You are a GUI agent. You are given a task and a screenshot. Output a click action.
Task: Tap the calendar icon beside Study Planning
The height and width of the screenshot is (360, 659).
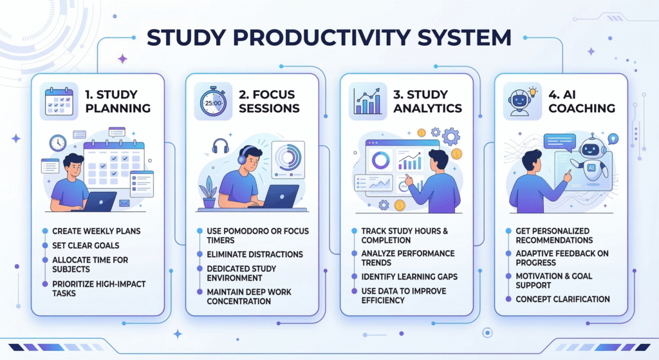coord(59,101)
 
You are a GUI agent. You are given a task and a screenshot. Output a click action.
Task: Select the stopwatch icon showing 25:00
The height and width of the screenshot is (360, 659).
coord(213,101)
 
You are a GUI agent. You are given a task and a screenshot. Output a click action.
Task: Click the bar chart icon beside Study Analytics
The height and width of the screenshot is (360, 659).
coord(367,101)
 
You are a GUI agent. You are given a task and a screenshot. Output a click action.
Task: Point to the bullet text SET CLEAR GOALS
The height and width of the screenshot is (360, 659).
coord(86,245)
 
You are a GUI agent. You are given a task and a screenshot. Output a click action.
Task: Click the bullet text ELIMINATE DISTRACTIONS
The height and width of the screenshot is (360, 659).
coord(255,254)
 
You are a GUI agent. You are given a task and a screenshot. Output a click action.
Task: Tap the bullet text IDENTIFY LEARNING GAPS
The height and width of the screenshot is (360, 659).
coord(409,277)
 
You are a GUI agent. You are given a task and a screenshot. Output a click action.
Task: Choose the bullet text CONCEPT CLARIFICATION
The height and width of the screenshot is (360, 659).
coord(562,299)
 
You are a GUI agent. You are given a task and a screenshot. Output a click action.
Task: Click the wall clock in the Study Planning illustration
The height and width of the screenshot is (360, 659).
coord(57,143)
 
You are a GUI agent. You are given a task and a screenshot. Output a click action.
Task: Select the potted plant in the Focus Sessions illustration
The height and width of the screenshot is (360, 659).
coord(209,192)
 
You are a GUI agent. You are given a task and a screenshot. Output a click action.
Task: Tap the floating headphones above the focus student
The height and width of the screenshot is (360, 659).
coord(220,146)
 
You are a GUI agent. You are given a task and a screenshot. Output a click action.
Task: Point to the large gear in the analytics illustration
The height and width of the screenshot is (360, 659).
coord(451,137)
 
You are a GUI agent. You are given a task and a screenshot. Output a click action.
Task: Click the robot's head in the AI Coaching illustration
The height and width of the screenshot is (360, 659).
coord(592,148)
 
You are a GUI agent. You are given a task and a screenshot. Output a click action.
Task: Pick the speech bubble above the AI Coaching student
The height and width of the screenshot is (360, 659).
coord(559,142)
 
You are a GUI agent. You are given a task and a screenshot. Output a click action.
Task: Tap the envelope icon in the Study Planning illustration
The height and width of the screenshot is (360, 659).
coord(124,203)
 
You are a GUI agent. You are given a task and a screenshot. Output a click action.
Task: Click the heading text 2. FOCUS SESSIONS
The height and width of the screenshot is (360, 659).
coord(269,101)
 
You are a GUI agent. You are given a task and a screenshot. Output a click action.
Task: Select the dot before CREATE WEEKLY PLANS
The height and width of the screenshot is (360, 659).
coord(45,231)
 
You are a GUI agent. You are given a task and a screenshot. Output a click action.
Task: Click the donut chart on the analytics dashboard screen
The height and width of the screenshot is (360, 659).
coord(381,160)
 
